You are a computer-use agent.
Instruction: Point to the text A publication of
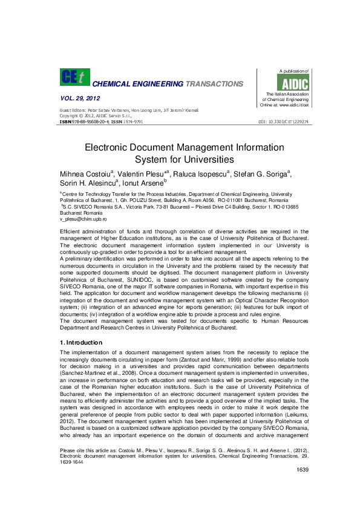[x=293, y=71]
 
